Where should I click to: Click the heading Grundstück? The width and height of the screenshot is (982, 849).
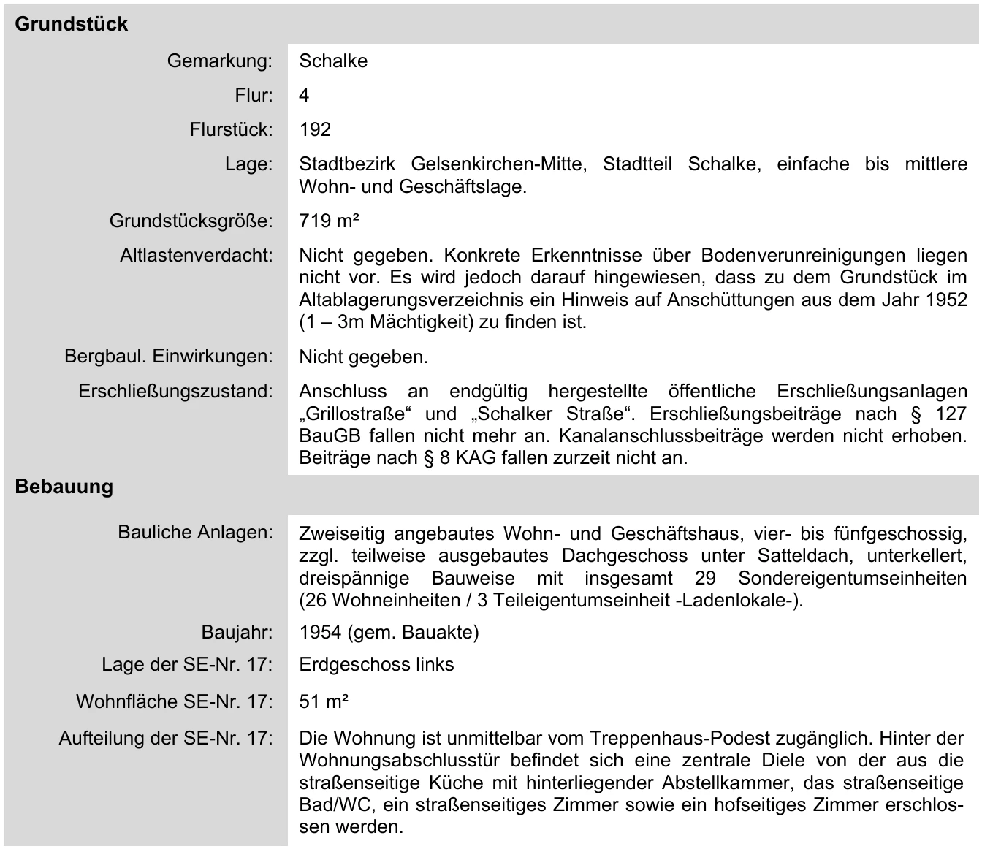point(71,24)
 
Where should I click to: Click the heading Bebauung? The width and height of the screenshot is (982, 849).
point(64,487)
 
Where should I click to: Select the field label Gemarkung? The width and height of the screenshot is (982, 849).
point(219,61)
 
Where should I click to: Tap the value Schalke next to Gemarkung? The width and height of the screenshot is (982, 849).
point(333,61)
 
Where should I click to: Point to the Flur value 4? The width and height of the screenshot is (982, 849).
point(304,95)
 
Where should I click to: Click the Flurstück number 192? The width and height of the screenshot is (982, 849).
point(315,129)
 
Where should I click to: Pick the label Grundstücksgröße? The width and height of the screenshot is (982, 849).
point(191,221)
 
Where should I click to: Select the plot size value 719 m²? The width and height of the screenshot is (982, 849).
point(329,221)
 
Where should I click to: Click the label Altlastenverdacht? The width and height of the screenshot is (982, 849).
point(196,256)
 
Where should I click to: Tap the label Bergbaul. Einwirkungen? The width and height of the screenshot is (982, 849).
point(168,357)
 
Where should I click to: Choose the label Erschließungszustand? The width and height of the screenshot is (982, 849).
point(175,392)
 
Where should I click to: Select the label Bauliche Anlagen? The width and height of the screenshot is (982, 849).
point(195,532)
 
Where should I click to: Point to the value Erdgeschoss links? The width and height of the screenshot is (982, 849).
point(376,665)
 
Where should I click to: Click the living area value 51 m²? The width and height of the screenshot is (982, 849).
point(324,702)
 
